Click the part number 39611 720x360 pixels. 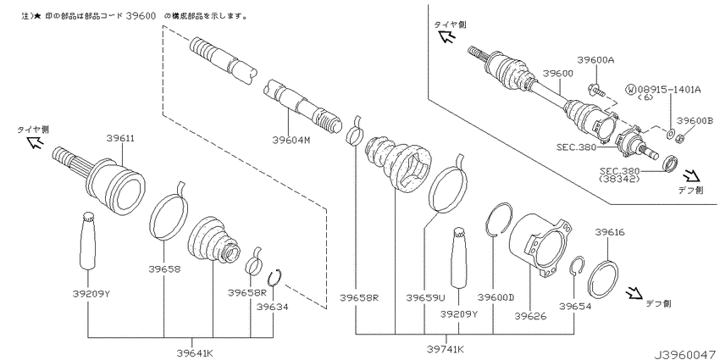121,138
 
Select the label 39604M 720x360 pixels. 291,141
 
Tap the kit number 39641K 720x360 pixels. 195,352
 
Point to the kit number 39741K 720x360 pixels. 446,349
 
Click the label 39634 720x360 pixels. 272,307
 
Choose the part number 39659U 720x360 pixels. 425,297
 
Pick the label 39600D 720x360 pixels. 496,297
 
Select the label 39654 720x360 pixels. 575,306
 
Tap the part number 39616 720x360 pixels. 610,232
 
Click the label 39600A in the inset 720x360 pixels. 596,60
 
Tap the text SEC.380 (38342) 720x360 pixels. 620,175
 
